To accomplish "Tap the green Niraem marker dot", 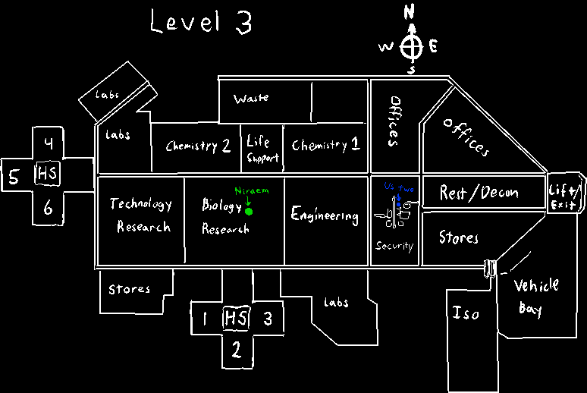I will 249,212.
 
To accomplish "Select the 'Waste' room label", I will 251,99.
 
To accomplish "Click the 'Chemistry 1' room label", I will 325,145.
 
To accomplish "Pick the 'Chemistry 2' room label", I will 198,146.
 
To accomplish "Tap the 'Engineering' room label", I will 325,215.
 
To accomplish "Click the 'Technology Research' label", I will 141,215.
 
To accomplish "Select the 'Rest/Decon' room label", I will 479,193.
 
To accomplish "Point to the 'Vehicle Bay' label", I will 536,297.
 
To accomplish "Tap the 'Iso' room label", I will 466,313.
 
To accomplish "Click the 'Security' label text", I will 394,246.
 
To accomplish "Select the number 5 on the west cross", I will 14,178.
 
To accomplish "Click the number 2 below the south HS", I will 236,351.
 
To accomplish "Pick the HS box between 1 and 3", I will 235,319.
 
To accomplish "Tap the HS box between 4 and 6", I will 47,175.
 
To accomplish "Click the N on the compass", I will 410,11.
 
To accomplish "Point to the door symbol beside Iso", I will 490,267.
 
